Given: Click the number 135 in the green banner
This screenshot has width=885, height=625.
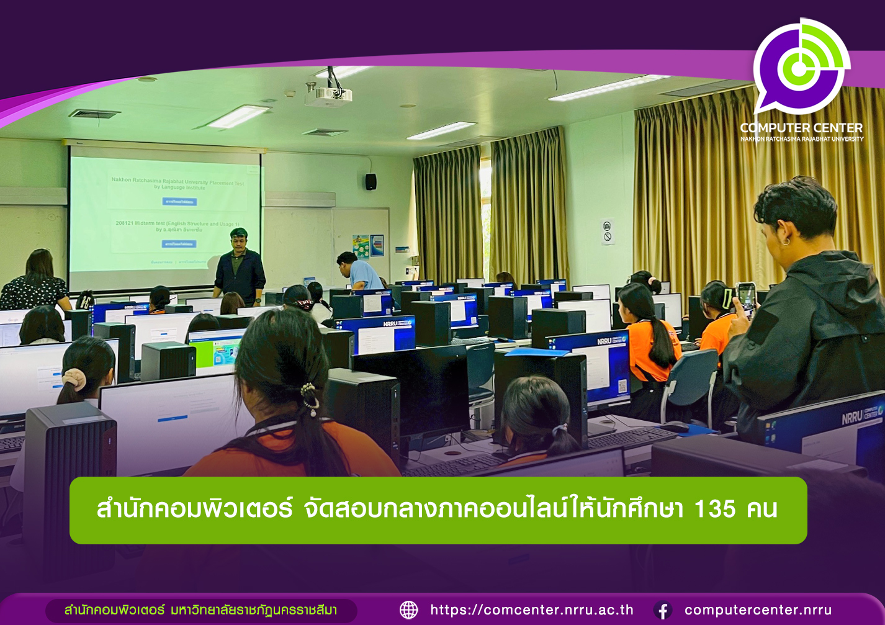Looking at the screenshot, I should click(x=714, y=510).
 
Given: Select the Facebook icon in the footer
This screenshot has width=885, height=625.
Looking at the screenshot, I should click(x=663, y=611).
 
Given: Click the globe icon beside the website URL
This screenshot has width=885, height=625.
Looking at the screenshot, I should click(x=409, y=610).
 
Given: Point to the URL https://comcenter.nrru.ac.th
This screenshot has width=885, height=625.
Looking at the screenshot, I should click(x=532, y=610).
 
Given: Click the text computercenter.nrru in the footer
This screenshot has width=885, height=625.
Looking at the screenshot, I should click(x=758, y=610).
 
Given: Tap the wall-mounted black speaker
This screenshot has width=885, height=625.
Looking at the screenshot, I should click(x=371, y=181).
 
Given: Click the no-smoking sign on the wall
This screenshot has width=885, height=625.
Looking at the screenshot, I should click(x=608, y=232).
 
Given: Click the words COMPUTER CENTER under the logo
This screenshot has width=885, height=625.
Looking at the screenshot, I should click(x=801, y=128).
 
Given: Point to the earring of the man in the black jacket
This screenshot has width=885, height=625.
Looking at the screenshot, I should click(x=786, y=240).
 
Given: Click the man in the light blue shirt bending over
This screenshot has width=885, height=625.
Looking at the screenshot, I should click(x=360, y=271).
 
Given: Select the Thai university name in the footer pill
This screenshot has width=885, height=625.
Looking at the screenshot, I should click(x=200, y=610).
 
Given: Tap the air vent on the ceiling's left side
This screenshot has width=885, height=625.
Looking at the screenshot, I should click(x=94, y=114).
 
